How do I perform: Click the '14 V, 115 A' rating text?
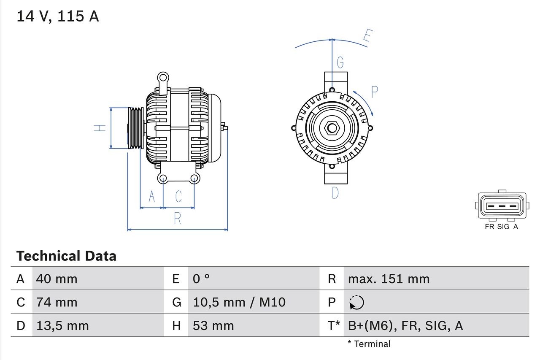(57, 16)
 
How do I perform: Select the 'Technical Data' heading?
(66, 256)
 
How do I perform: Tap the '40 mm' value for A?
(57, 279)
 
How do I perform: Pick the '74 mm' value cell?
(57, 302)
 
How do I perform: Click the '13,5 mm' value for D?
(62, 325)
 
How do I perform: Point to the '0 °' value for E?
(201, 279)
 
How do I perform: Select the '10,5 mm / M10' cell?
(239, 302)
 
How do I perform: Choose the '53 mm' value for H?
(213, 325)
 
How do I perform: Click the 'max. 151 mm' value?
(389, 279)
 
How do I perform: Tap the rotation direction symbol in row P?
(356, 303)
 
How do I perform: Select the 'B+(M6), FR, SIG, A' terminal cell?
(405, 325)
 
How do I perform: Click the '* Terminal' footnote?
(369, 344)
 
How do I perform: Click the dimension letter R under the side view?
(178, 219)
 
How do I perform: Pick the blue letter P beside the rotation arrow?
(374, 92)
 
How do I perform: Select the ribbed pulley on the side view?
(136, 128)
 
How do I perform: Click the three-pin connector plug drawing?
(502, 207)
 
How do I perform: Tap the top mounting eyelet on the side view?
(163, 78)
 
